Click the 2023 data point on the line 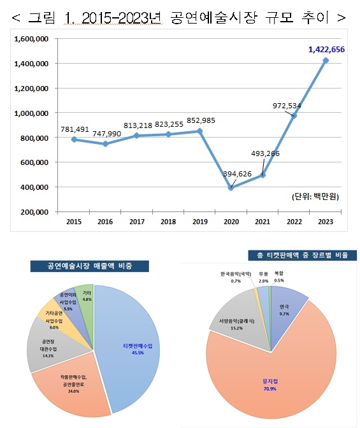coord(326,61)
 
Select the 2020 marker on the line coord(231,187)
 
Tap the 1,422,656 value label coord(326,50)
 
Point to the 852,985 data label coord(201,120)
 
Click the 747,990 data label coord(106,134)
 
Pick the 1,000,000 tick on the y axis coord(31,113)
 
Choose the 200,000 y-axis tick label coord(34,212)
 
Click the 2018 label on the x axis coord(168,222)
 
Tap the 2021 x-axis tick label coord(263,222)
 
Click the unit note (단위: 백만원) coord(315,197)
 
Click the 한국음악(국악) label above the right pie coord(236,274)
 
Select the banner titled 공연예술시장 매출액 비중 coord(90,266)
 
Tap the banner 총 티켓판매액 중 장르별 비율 coord(303,255)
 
